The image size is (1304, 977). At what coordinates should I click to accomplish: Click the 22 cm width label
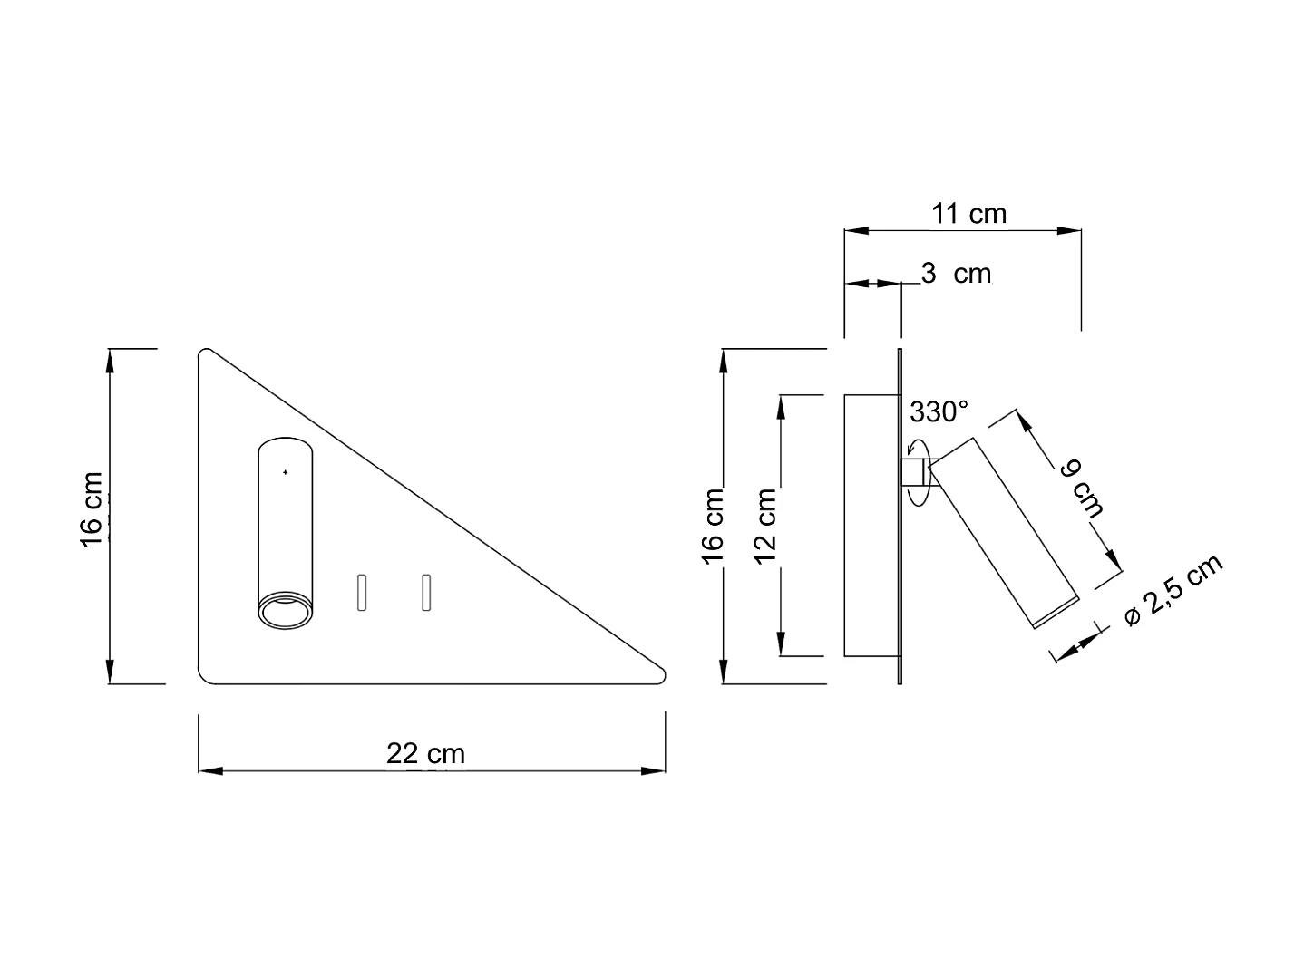tap(425, 753)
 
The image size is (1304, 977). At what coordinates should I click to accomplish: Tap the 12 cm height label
tap(766, 526)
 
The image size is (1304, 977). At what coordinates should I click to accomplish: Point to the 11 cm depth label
tap(969, 214)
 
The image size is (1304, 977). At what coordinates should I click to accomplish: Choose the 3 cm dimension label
tap(956, 273)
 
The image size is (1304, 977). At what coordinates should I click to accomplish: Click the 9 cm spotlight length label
tap(1082, 488)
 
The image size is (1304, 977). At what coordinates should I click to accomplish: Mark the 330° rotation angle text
tap(939, 412)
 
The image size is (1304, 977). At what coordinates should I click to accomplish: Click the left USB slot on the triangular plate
tap(360, 593)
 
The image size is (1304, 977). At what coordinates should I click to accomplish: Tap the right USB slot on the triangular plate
tap(425, 593)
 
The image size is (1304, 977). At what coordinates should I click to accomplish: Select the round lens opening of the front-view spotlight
tap(285, 612)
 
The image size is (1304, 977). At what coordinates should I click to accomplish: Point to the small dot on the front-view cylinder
tap(285, 472)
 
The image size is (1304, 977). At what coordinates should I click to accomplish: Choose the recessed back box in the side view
tap(871, 526)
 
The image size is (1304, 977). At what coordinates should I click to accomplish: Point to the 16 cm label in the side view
tap(713, 526)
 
